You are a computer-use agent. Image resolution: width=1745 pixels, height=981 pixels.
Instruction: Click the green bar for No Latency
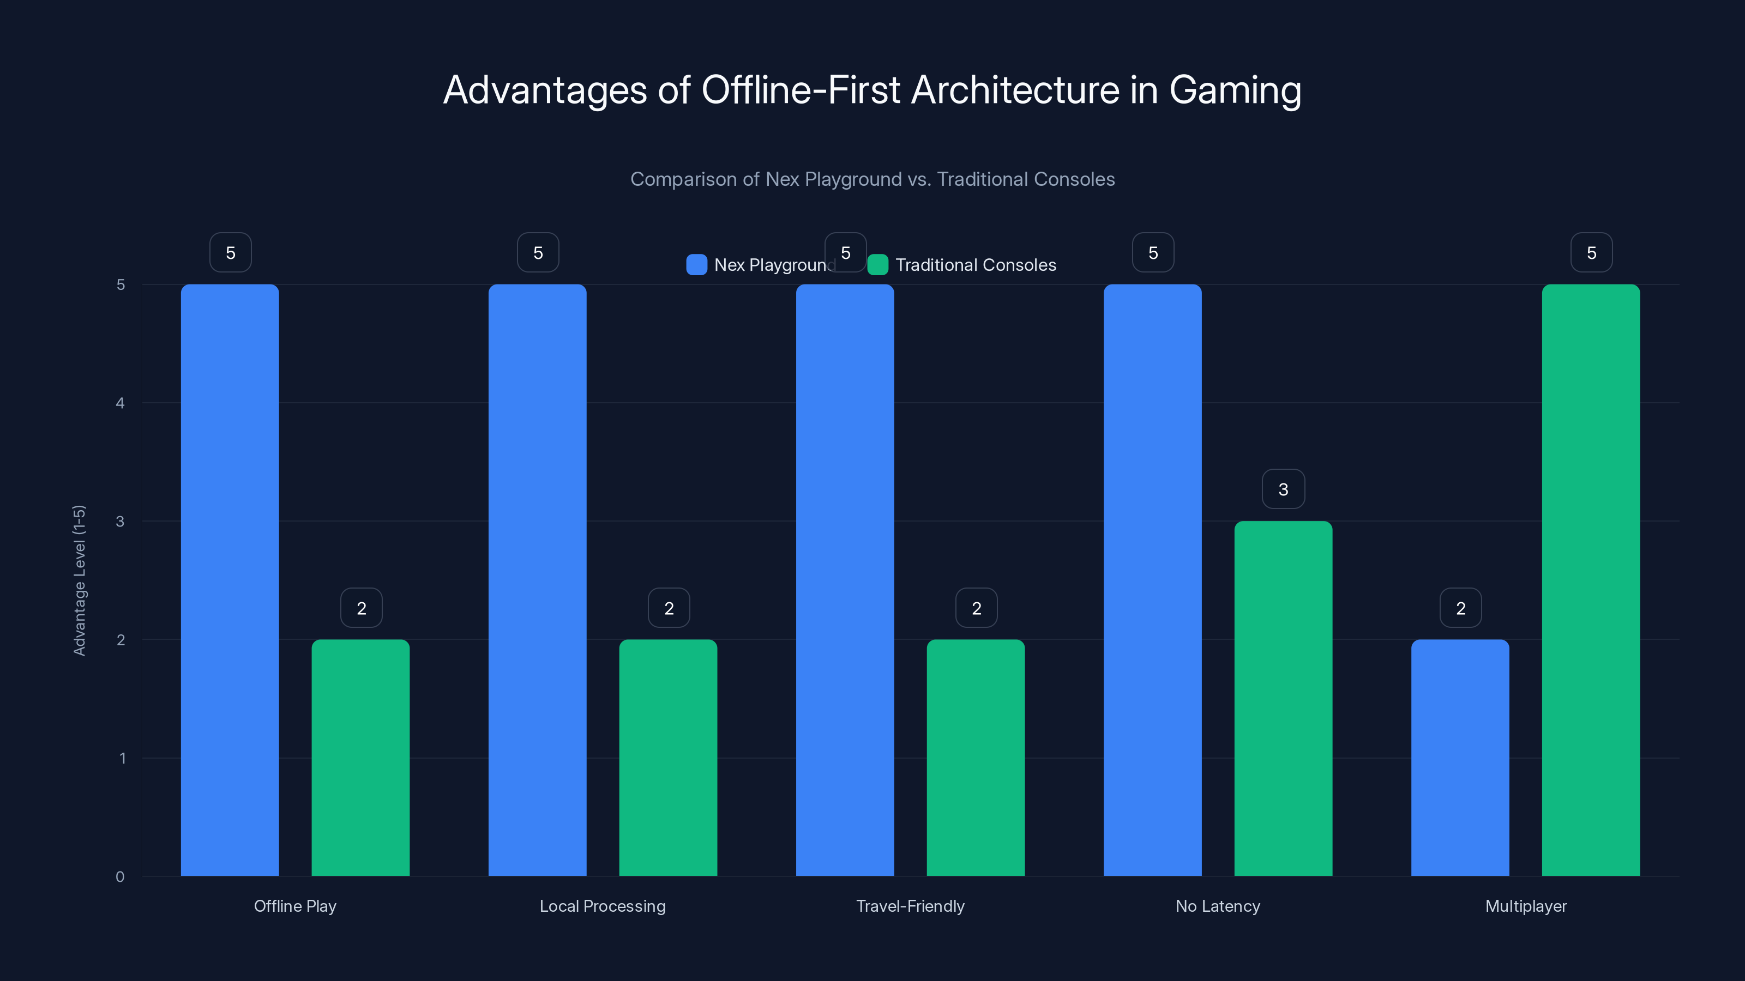click(x=1283, y=698)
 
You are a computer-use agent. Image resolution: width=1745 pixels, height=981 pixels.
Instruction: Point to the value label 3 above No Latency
click(x=1283, y=489)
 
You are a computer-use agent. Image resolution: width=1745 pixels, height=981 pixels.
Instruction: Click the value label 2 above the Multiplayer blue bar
click(x=1460, y=608)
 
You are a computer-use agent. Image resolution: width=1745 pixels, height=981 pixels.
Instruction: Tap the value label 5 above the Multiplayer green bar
click(x=1591, y=252)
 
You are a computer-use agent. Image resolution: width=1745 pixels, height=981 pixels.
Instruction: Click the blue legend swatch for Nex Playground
click(x=696, y=265)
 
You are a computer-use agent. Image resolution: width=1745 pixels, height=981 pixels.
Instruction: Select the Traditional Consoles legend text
click(x=976, y=265)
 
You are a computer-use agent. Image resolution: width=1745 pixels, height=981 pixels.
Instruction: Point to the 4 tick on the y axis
click(x=121, y=403)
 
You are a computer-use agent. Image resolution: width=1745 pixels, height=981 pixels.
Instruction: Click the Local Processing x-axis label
click(x=602, y=906)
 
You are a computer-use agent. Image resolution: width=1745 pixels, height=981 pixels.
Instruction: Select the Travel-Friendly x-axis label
click(x=910, y=906)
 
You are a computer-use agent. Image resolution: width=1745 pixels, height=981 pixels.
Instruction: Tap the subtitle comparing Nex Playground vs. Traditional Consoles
click(x=872, y=179)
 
